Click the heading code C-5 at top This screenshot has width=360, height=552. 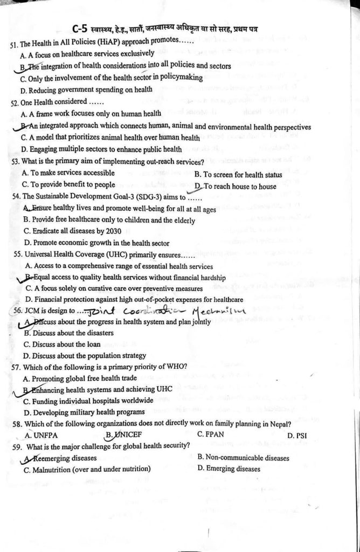click(x=81, y=29)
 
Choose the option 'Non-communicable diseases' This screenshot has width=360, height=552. click(x=243, y=458)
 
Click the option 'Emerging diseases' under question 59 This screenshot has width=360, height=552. click(x=229, y=469)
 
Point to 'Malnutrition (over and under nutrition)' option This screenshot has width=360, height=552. click(x=87, y=469)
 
